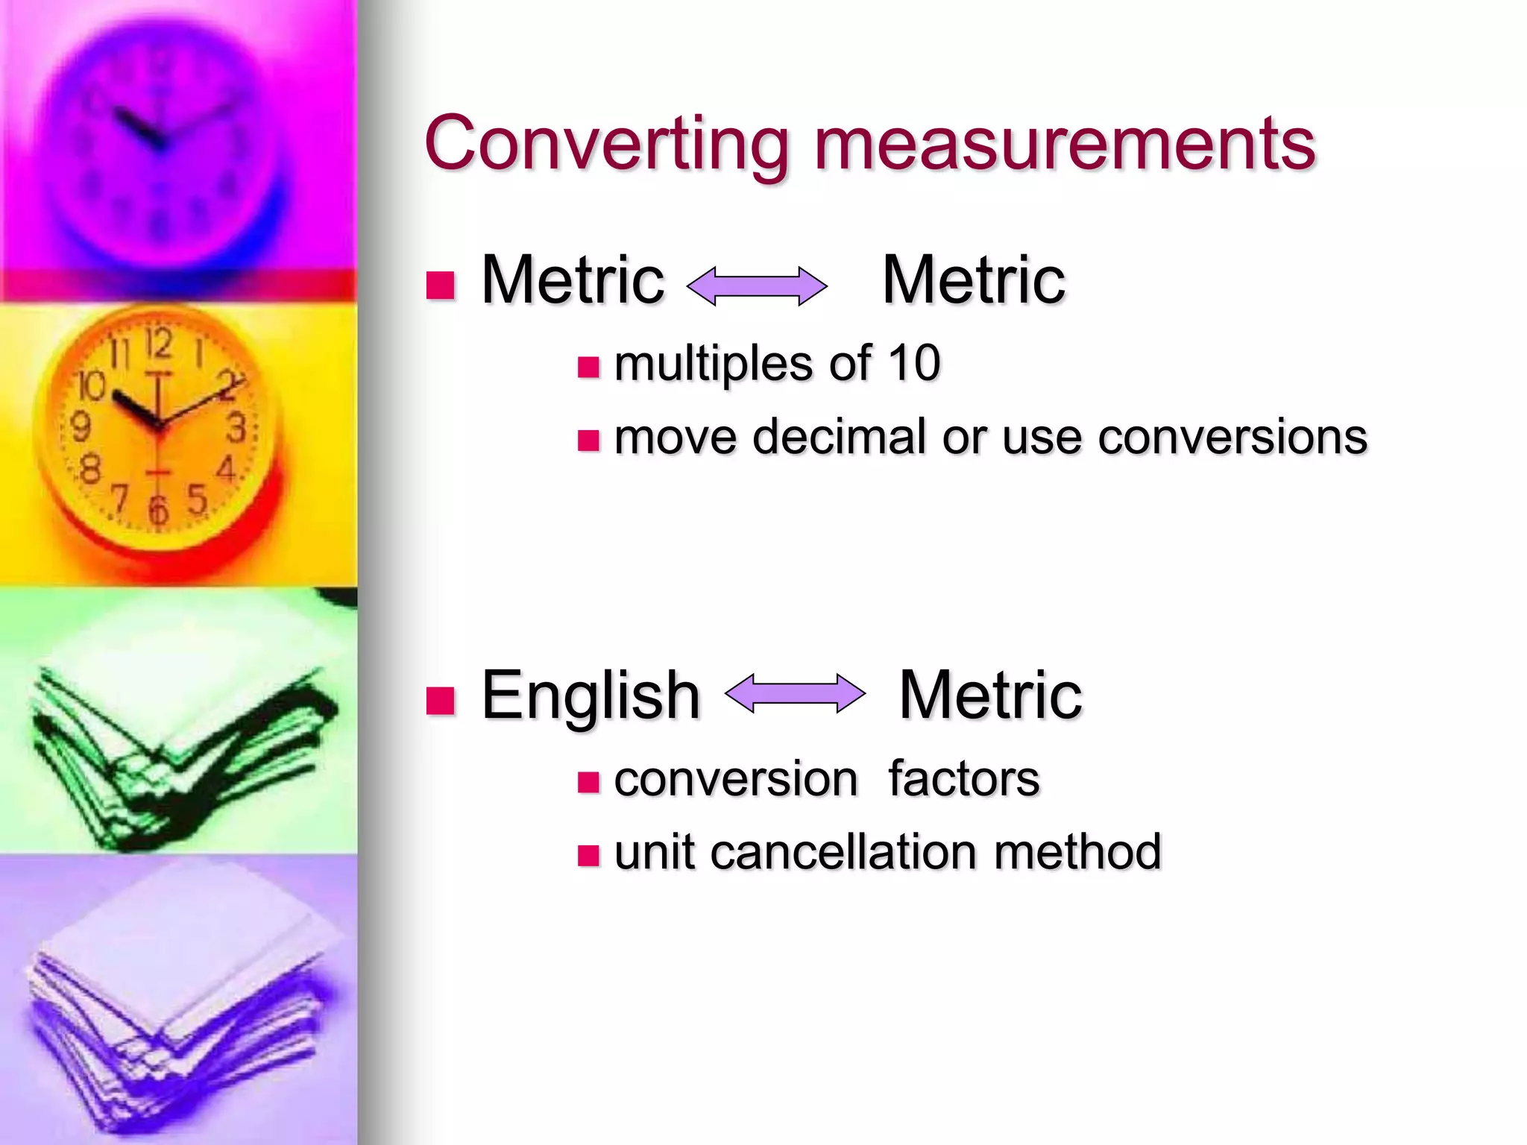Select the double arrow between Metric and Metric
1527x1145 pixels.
(756, 286)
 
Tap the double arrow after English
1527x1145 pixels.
(795, 694)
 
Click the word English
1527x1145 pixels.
(591, 696)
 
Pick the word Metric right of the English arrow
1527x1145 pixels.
(990, 695)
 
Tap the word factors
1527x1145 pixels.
(963, 779)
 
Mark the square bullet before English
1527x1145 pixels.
(441, 701)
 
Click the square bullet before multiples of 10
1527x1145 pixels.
(588, 367)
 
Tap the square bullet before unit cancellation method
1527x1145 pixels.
(588, 855)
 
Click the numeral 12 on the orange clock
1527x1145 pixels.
(158, 344)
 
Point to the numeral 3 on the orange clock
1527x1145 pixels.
(236, 429)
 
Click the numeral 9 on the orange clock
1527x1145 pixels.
(81, 427)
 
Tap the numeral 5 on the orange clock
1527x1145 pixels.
(197, 499)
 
